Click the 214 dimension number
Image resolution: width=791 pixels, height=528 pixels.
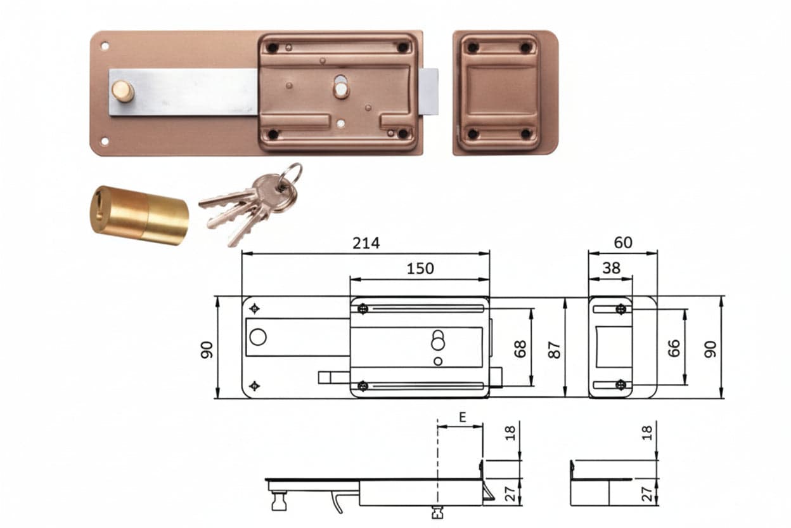pyautogui.click(x=366, y=243)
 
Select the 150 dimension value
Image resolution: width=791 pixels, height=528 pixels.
pyautogui.click(x=420, y=269)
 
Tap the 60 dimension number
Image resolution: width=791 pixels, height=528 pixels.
pyautogui.click(x=623, y=242)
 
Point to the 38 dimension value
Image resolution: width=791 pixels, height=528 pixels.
pyautogui.click(x=611, y=268)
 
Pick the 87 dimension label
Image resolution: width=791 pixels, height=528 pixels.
pyautogui.click(x=555, y=350)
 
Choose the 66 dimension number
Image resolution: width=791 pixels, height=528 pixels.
pyautogui.click(x=674, y=348)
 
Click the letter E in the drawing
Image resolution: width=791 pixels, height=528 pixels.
pyautogui.click(x=462, y=418)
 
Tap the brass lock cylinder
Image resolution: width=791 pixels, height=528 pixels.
pyautogui.click(x=139, y=215)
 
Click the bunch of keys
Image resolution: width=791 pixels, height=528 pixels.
pyautogui.click(x=251, y=204)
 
